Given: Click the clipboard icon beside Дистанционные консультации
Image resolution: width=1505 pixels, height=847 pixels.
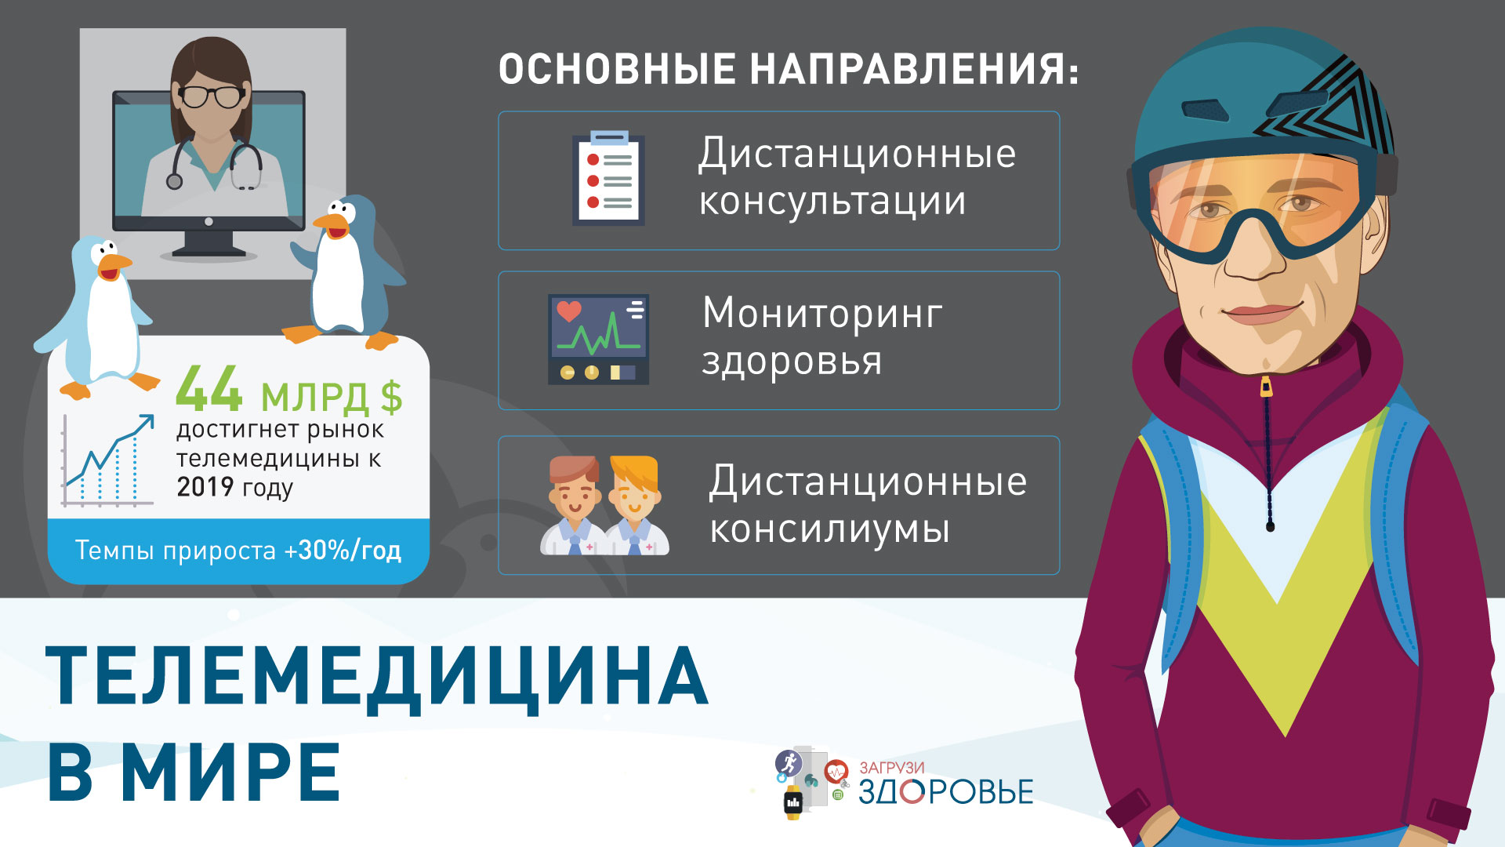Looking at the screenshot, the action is tap(608, 178).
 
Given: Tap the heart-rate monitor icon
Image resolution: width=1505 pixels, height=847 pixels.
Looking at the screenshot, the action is tap(598, 340).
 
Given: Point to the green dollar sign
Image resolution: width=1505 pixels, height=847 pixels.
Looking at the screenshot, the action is tap(391, 397).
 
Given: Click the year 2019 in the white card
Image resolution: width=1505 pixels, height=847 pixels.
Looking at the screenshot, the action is tap(205, 487).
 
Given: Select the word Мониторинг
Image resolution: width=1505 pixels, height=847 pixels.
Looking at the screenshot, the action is tap(822, 313).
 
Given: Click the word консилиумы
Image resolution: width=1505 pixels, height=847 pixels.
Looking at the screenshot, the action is tap(829, 529).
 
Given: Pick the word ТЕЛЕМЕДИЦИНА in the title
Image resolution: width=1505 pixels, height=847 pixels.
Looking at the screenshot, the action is tap(378, 677).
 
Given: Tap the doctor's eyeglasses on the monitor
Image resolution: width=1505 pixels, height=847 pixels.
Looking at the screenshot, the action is tap(212, 96).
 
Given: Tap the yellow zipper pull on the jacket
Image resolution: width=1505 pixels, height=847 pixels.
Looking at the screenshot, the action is tap(1266, 387).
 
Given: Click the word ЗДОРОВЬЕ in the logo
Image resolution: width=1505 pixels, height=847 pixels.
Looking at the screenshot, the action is tap(946, 792).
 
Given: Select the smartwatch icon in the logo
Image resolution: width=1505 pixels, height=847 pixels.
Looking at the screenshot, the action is tap(793, 802).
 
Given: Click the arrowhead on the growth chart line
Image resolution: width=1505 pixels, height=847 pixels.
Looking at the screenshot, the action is tap(146, 423).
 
